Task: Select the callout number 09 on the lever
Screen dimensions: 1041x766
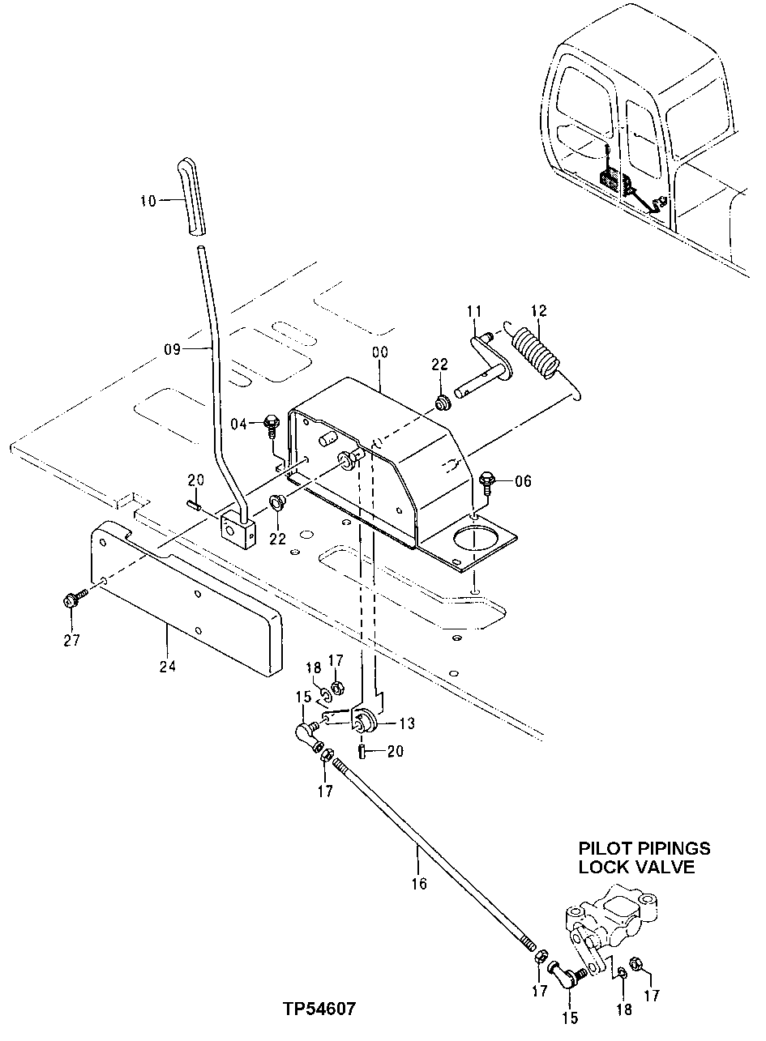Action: pos(172,350)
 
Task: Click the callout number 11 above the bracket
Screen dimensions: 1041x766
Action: pos(474,311)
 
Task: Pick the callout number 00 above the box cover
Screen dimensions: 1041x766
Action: pos(379,353)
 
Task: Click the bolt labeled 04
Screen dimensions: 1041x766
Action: pos(271,424)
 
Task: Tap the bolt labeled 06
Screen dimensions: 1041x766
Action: pos(486,481)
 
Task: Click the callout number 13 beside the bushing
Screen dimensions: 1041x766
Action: pos(405,723)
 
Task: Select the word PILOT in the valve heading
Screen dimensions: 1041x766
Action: pos(604,848)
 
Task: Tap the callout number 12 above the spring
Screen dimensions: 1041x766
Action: pos(539,311)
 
